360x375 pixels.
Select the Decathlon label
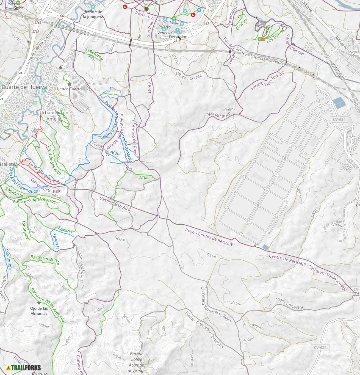[x=178, y=37]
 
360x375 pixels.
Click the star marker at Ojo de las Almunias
[x=39, y=303]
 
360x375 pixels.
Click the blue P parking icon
[x=199, y=10]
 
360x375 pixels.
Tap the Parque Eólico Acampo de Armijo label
[x=136, y=362]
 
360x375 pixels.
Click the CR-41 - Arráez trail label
[x=189, y=75]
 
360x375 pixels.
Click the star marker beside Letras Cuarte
[x=69, y=84]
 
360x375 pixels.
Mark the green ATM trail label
[x=144, y=178]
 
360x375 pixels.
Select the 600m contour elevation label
[x=117, y=356]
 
